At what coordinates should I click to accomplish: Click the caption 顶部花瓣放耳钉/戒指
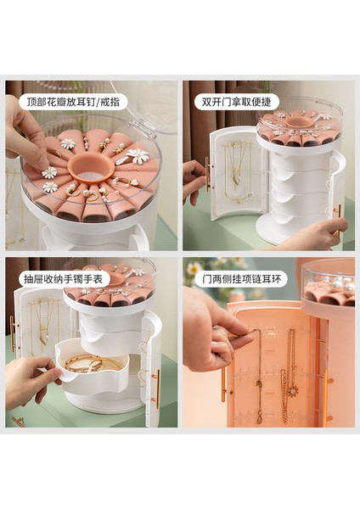73,102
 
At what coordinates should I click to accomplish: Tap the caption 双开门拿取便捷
236,102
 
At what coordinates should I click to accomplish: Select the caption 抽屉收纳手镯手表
63,279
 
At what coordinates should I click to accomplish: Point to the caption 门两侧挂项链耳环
241,279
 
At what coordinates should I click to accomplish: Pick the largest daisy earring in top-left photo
137,156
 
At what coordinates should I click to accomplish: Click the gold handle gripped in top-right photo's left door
207,175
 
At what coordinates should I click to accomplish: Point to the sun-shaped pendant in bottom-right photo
293,391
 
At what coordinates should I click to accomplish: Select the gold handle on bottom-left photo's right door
158,389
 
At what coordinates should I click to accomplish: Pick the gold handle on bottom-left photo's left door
13,333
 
